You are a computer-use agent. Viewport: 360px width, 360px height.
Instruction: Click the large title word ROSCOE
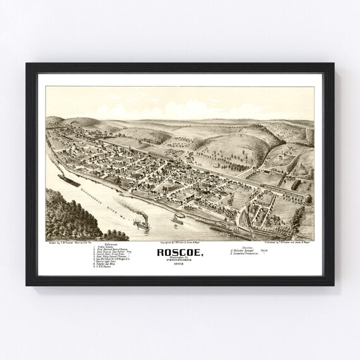pos(179,251)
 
